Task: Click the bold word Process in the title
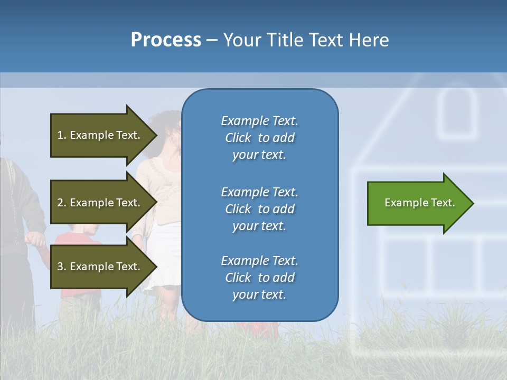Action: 166,40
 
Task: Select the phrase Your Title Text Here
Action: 306,40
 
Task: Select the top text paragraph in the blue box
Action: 259,138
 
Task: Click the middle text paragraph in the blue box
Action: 259,209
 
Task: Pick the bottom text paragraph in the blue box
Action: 259,278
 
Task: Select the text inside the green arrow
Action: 420,203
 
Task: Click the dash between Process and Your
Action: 212,40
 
